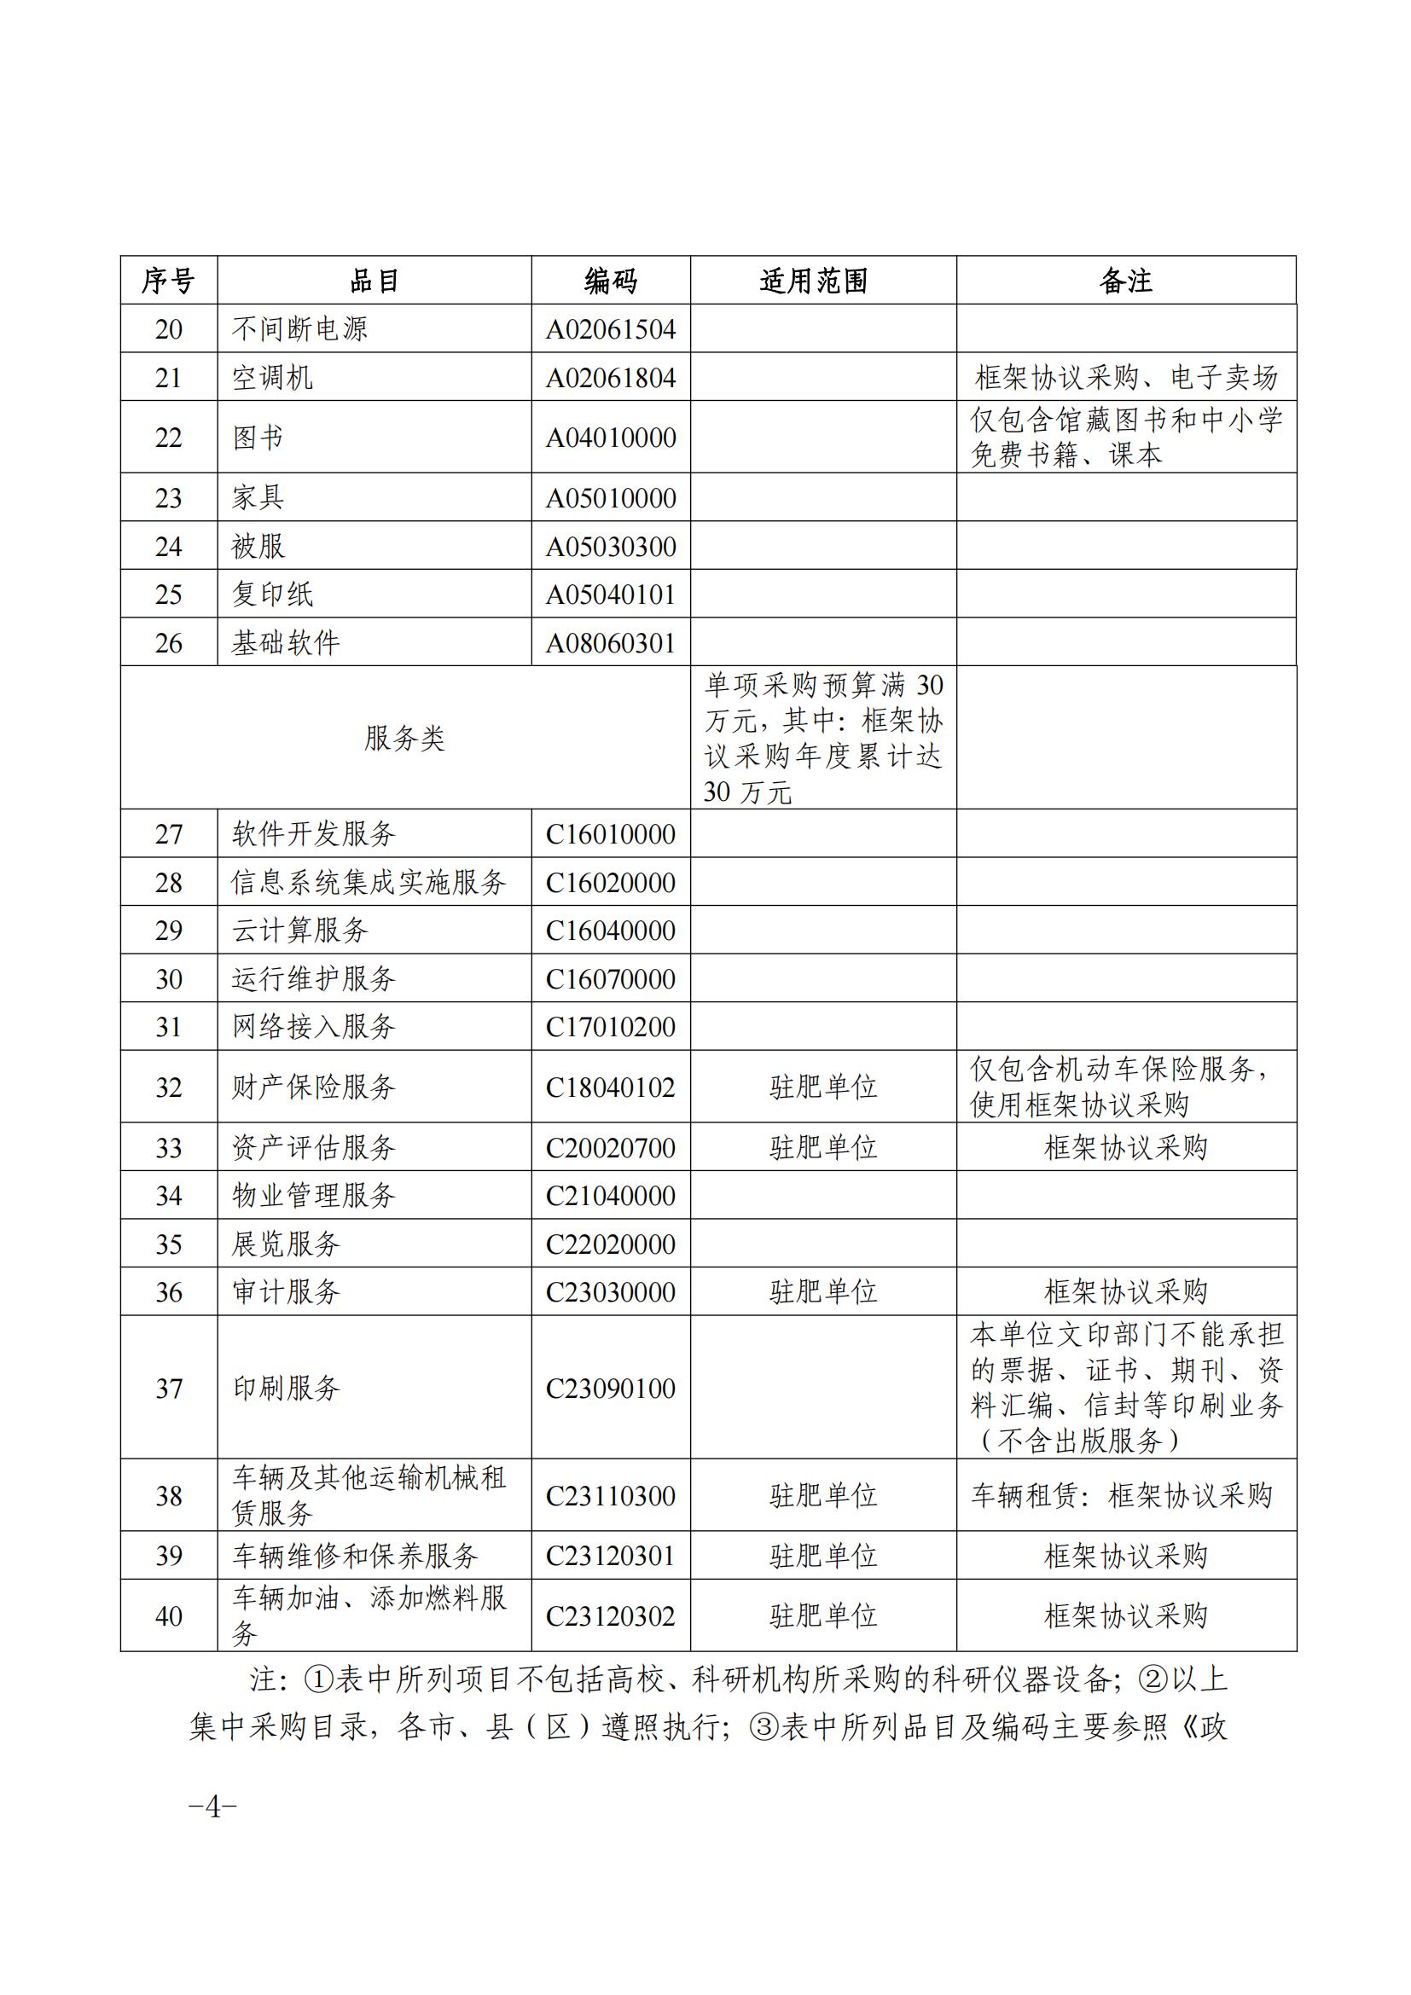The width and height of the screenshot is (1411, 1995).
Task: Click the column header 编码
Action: click(610, 281)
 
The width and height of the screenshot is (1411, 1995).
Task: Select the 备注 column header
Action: click(1125, 281)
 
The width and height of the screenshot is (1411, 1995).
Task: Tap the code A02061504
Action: click(610, 329)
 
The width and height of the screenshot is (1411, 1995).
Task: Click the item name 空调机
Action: click(272, 377)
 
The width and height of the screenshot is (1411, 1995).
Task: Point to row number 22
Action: click(169, 437)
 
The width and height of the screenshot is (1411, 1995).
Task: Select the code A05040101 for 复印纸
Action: click(610, 594)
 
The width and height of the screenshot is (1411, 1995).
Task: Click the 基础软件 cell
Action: click(285, 643)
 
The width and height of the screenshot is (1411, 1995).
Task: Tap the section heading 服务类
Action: click(404, 739)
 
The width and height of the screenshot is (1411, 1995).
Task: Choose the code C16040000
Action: click(610, 931)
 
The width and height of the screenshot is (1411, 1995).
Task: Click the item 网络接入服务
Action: click(313, 1027)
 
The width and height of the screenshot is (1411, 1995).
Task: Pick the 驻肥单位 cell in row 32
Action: click(822, 1087)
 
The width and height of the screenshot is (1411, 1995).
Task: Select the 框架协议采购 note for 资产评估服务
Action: click(1125, 1148)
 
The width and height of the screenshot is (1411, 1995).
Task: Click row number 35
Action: click(169, 1244)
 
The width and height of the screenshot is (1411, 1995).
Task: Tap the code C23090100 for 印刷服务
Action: click(610, 1389)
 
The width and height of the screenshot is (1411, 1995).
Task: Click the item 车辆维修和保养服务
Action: click(355, 1557)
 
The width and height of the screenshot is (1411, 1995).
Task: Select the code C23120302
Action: click(610, 1616)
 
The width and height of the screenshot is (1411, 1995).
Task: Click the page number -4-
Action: click(213, 1808)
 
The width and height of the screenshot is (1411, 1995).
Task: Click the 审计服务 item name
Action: click(285, 1292)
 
